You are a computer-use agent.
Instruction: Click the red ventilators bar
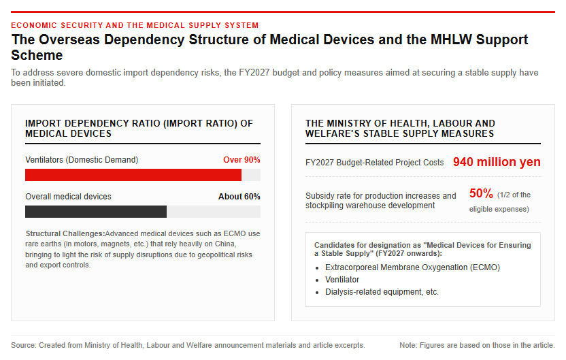point(133,175)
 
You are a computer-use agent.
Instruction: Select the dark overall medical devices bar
point(96,212)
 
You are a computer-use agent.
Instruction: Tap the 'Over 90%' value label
point(242,160)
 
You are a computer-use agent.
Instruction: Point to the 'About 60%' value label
point(239,197)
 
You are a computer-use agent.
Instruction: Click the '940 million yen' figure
point(497,162)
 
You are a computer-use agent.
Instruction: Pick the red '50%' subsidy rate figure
point(481,193)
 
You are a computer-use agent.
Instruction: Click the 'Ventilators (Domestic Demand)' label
point(82,160)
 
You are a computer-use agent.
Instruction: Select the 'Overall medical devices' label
point(68,197)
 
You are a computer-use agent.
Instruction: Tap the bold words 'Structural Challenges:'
point(65,233)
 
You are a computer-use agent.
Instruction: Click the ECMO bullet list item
point(412,267)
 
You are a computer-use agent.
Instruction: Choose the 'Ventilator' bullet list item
point(342,280)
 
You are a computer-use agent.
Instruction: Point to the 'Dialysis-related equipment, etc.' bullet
point(382,292)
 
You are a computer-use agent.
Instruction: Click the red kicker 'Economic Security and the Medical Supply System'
point(135,25)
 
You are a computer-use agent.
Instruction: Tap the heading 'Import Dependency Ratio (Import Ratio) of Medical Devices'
point(139,129)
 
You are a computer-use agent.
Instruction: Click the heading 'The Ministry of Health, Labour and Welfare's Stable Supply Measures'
point(400,129)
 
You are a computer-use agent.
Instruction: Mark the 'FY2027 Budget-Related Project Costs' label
point(374,163)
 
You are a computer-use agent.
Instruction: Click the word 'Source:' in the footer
point(23,345)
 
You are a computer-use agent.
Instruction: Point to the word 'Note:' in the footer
point(408,345)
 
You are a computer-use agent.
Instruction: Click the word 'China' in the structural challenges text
point(226,244)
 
